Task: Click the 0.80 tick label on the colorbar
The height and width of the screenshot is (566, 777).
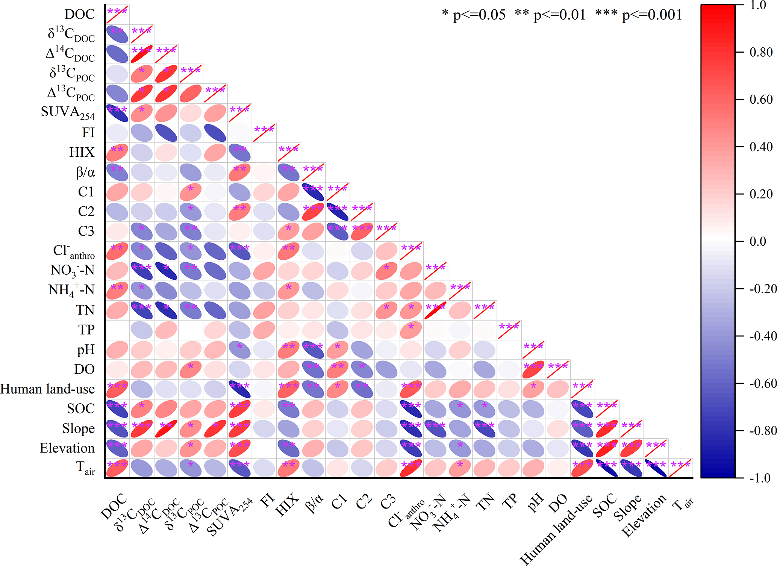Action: pyautogui.click(x=761, y=52)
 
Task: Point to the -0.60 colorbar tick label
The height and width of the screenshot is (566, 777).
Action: pyautogui.click(x=763, y=383)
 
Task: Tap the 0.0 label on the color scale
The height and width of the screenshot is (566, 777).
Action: pyautogui.click(x=758, y=241)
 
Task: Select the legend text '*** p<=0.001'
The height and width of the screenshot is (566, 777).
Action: pyautogui.click(x=639, y=15)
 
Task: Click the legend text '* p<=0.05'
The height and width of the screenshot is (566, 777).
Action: pyautogui.click(x=474, y=15)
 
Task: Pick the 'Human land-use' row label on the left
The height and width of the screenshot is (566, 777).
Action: pyautogui.click(x=48, y=389)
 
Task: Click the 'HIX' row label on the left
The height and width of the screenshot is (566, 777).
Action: pyautogui.click(x=82, y=152)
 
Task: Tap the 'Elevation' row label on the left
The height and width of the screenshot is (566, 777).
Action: pyautogui.click(x=67, y=448)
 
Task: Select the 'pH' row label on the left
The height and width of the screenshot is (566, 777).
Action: pyautogui.click(x=86, y=350)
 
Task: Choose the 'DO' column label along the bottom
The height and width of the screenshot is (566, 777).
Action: pyautogui.click(x=557, y=503)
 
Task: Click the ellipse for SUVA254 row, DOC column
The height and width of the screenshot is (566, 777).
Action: pyautogui.click(x=117, y=113)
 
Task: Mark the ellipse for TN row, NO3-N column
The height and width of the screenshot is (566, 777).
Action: pyautogui.click(x=435, y=310)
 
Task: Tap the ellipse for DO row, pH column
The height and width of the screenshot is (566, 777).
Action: pyautogui.click(x=533, y=369)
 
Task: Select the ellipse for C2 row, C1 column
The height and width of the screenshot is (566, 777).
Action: pyautogui.click(x=338, y=212)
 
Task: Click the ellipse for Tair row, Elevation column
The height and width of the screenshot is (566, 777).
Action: pyautogui.click(x=656, y=468)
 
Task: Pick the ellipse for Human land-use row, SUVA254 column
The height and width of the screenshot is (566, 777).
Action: pyautogui.click(x=239, y=389)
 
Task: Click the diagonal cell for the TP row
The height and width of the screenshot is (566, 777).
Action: pyautogui.click(x=509, y=330)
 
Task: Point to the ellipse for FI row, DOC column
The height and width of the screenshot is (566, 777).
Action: pyautogui.click(x=117, y=133)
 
